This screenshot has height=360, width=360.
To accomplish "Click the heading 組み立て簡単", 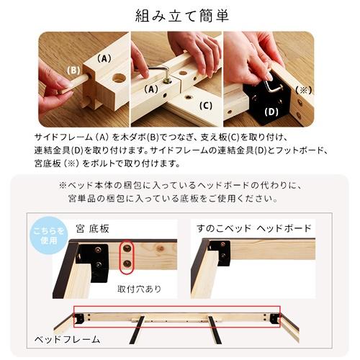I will point(180,15).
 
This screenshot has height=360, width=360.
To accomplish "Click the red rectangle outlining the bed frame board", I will point(177,315).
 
